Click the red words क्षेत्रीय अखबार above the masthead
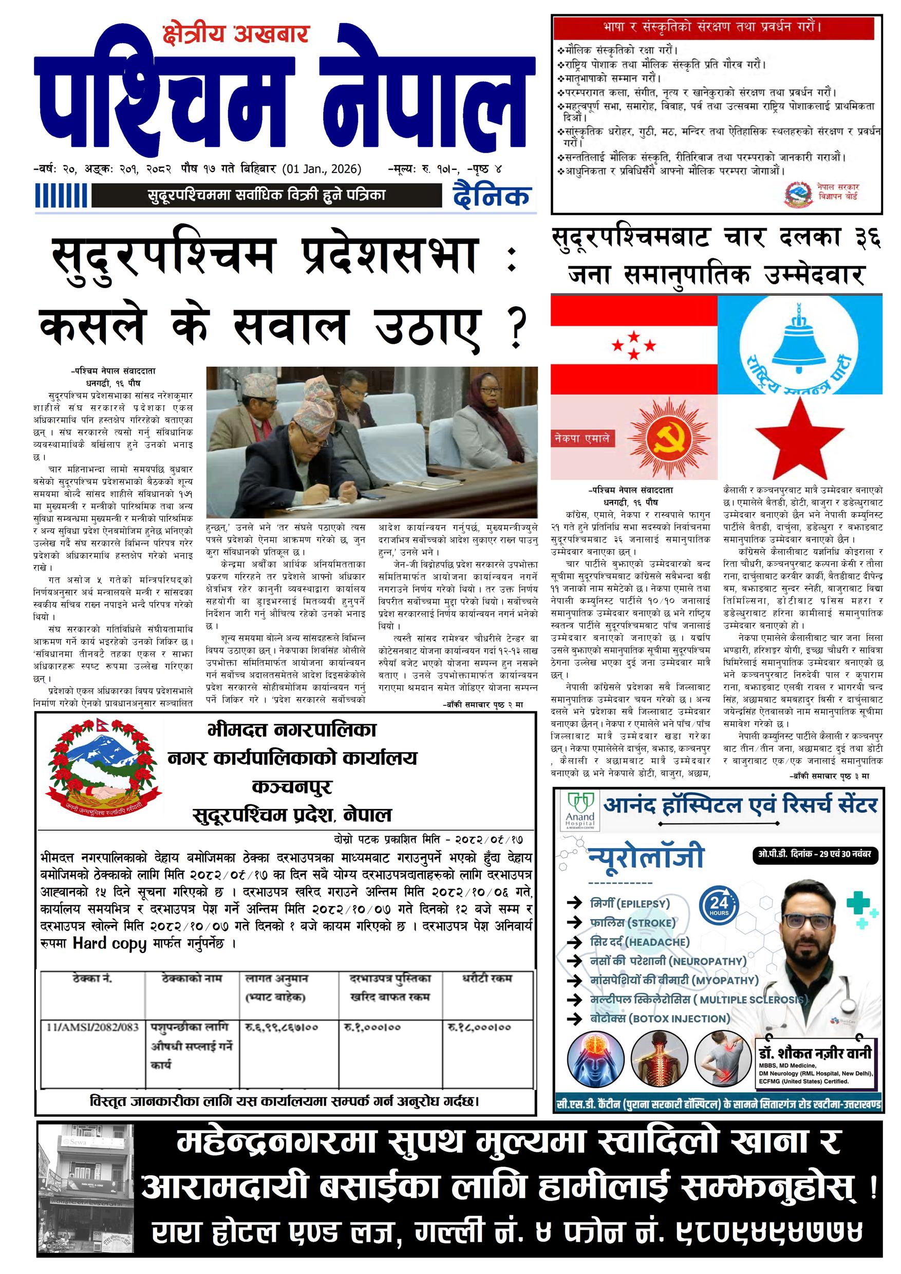click(235, 34)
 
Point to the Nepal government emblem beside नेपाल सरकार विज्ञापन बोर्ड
click(797, 193)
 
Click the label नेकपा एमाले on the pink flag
click(581, 438)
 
